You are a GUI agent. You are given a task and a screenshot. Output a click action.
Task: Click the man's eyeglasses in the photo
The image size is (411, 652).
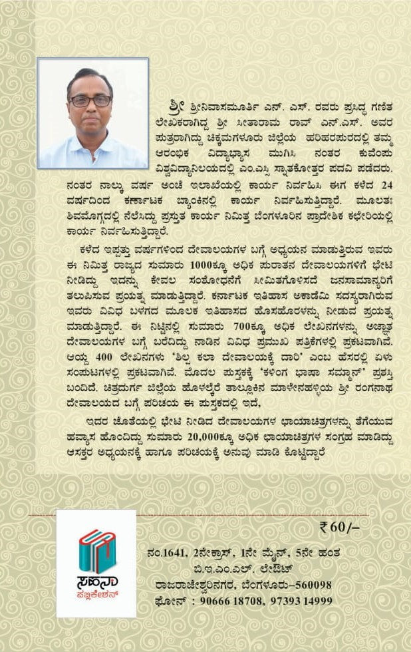tap(90, 100)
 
